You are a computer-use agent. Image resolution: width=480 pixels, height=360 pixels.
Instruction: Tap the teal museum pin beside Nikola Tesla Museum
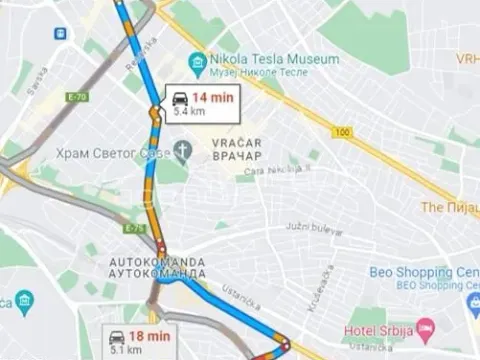(197, 63)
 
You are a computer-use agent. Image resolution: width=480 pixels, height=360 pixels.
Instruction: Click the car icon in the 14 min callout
(180, 98)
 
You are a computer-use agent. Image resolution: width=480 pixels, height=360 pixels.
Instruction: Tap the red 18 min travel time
(151, 336)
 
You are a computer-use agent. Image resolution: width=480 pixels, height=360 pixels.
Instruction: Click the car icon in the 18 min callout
(117, 337)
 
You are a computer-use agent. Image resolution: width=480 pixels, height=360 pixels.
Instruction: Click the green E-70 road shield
(76, 97)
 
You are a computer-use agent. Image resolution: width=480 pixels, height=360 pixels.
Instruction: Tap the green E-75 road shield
(135, 229)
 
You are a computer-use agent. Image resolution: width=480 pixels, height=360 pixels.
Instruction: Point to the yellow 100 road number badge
(344, 131)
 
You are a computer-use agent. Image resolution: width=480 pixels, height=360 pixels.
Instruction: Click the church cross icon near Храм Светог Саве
(182, 150)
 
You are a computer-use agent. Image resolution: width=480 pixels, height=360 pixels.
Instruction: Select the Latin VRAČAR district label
(236, 143)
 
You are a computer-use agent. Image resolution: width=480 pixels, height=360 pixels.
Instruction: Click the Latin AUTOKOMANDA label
(157, 262)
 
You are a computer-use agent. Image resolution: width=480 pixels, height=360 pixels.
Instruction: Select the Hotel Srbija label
(379, 329)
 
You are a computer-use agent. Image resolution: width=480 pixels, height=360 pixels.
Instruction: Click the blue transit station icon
(62, 33)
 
